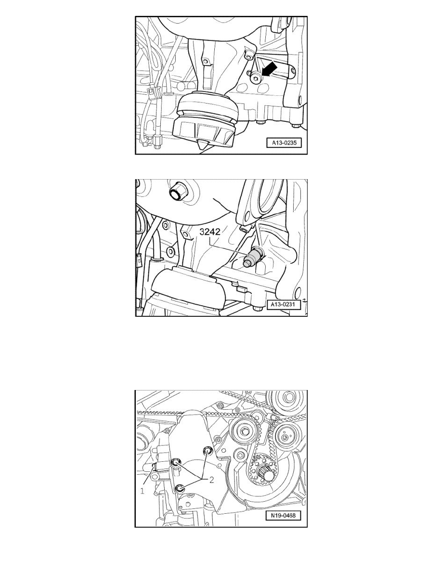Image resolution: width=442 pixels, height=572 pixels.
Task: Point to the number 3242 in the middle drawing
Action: pos(211,232)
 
